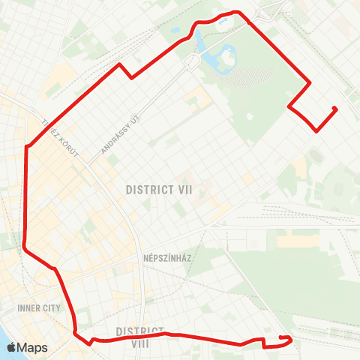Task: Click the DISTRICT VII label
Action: pyautogui.click(x=160, y=190)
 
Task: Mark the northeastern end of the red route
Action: pyautogui.click(x=334, y=109)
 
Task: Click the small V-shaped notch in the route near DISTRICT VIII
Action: pyautogui.click(x=91, y=341)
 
